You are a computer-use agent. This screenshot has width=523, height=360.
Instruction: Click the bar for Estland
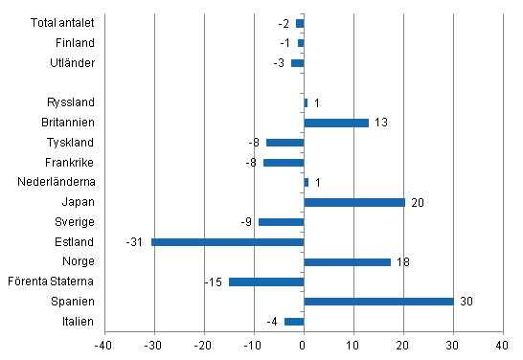tap(227, 241)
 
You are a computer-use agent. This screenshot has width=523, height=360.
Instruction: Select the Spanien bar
tap(378, 301)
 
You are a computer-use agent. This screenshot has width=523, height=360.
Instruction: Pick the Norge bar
tap(347, 261)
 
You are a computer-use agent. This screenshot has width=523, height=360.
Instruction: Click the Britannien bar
tap(335, 123)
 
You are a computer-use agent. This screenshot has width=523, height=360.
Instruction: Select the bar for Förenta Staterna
tap(266, 281)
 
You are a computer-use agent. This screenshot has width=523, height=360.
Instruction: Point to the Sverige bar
tap(281, 222)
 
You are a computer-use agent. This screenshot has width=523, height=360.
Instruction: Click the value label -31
tap(135, 241)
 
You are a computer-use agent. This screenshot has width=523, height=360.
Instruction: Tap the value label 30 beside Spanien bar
tap(466, 302)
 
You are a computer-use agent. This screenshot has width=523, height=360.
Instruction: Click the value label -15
tap(215, 281)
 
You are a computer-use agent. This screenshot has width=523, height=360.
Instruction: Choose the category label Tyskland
tap(70, 143)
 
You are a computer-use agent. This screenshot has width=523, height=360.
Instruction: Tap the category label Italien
tap(76, 321)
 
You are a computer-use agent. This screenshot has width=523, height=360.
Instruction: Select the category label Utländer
tap(71, 63)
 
